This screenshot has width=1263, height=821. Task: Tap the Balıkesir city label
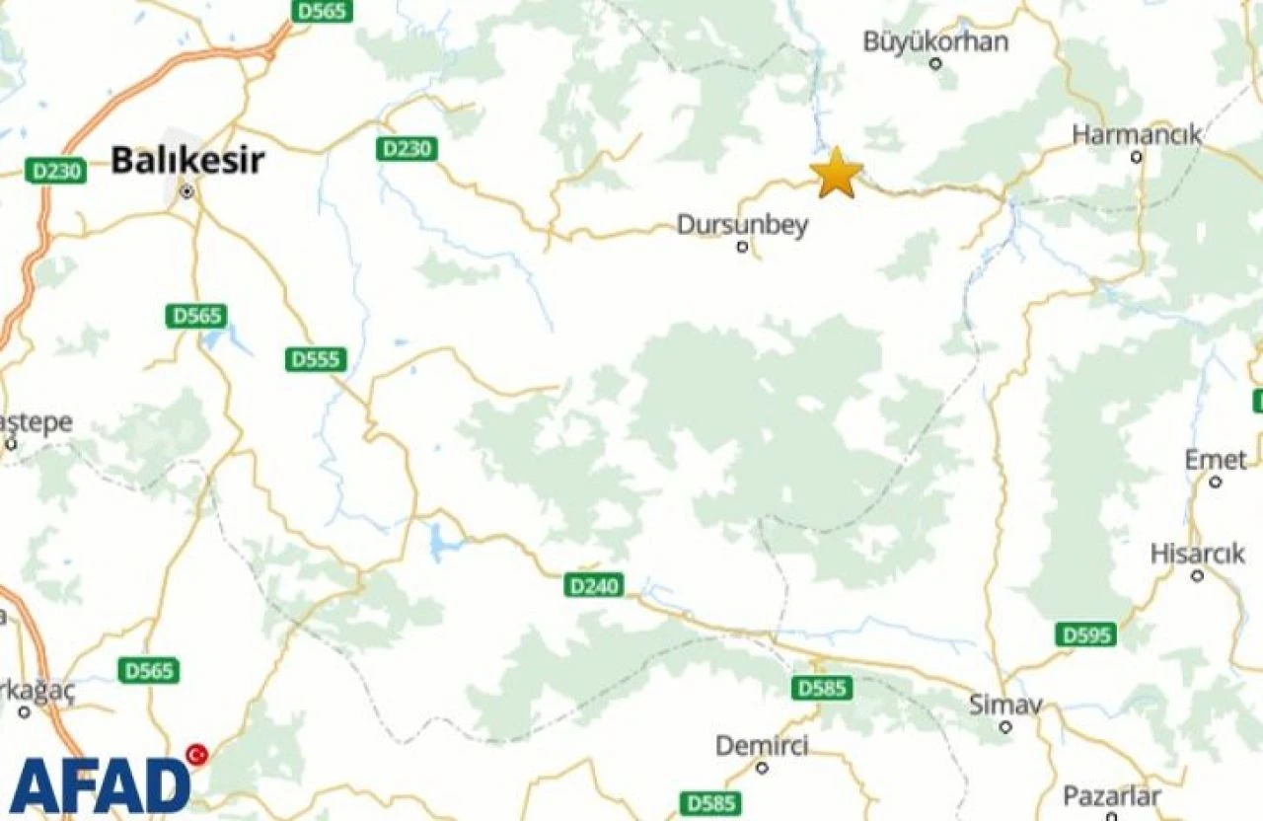coord(187,159)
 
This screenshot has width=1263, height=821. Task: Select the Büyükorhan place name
coord(935,41)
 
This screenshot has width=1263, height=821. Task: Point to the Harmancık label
coord(1137,134)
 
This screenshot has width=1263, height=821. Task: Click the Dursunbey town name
coord(742,225)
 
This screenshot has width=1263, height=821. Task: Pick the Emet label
coord(1216,460)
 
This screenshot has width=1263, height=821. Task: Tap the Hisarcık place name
coord(1197,554)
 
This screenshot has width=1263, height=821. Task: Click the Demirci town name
coord(761,746)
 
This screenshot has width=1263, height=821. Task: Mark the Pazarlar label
coord(1111,796)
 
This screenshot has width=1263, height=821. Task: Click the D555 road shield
coord(316,359)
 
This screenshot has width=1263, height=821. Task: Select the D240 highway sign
coord(595,586)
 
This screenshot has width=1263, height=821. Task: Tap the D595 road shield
coord(1085,634)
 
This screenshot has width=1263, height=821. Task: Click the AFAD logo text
coord(99,785)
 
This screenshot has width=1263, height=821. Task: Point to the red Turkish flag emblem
coord(197,755)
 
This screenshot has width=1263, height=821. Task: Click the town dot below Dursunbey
coord(742,247)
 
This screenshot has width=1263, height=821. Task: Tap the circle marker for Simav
coord(1005,727)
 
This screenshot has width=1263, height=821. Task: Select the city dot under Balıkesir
coord(186,191)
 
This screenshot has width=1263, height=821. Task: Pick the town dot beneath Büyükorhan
coord(935,63)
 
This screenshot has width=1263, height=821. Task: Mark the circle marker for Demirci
coord(761,767)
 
